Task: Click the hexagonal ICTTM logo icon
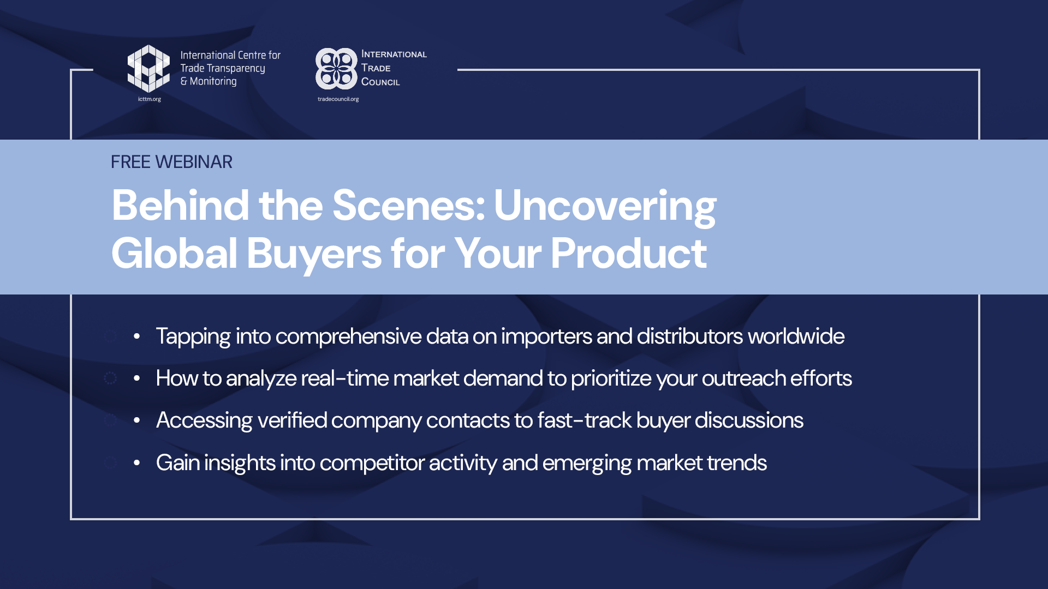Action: [x=148, y=69]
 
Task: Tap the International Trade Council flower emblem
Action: [x=336, y=69]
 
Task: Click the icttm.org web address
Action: [x=150, y=99]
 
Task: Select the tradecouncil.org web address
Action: [x=338, y=99]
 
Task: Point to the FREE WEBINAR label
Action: [x=171, y=162]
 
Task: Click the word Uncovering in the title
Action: [x=605, y=206]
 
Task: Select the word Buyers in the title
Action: [x=314, y=254]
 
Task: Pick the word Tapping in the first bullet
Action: [x=193, y=337]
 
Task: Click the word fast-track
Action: [x=584, y=420]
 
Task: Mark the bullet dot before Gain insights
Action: [x=136, y=463]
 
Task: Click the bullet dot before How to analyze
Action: [x=136, y=378]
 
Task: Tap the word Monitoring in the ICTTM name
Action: [x=213, y=81]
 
